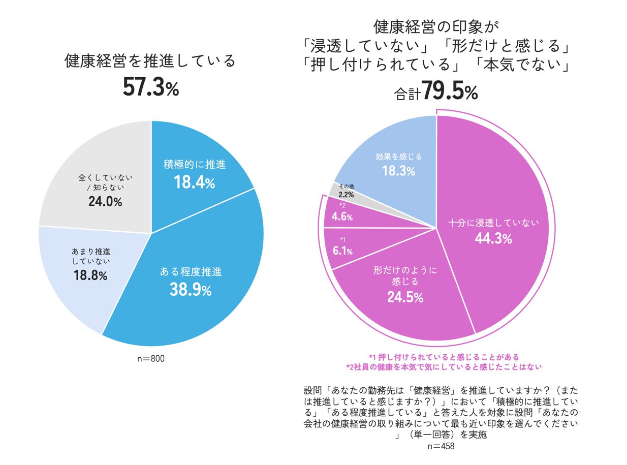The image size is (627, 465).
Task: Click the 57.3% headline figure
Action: click(151, 88)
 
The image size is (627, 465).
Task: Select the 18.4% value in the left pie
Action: click(195, 182)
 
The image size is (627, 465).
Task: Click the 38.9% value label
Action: click(191, 290)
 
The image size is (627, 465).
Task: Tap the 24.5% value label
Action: click(405, 297)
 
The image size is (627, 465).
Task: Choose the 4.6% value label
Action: click(341, 217)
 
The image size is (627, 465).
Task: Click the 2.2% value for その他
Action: click(347, 195)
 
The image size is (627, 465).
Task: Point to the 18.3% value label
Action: click(398, 171)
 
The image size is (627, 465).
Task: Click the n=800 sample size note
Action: click(151, 359)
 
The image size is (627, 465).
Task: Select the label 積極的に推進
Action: click(195, 165)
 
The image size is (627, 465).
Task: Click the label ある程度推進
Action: click(191, 272)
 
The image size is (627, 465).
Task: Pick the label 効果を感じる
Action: click(398, 156)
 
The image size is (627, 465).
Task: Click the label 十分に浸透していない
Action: click(493, 222)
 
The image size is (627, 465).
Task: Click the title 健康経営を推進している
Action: click(151, 61)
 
